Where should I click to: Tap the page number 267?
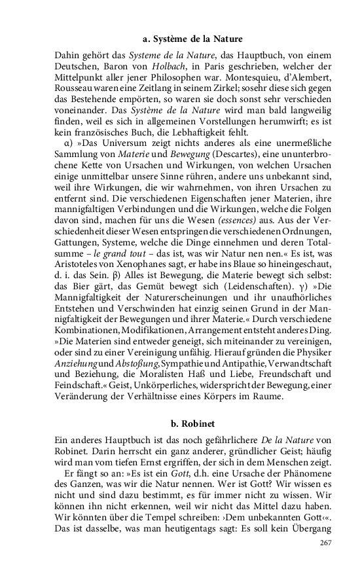tap(326, 544)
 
